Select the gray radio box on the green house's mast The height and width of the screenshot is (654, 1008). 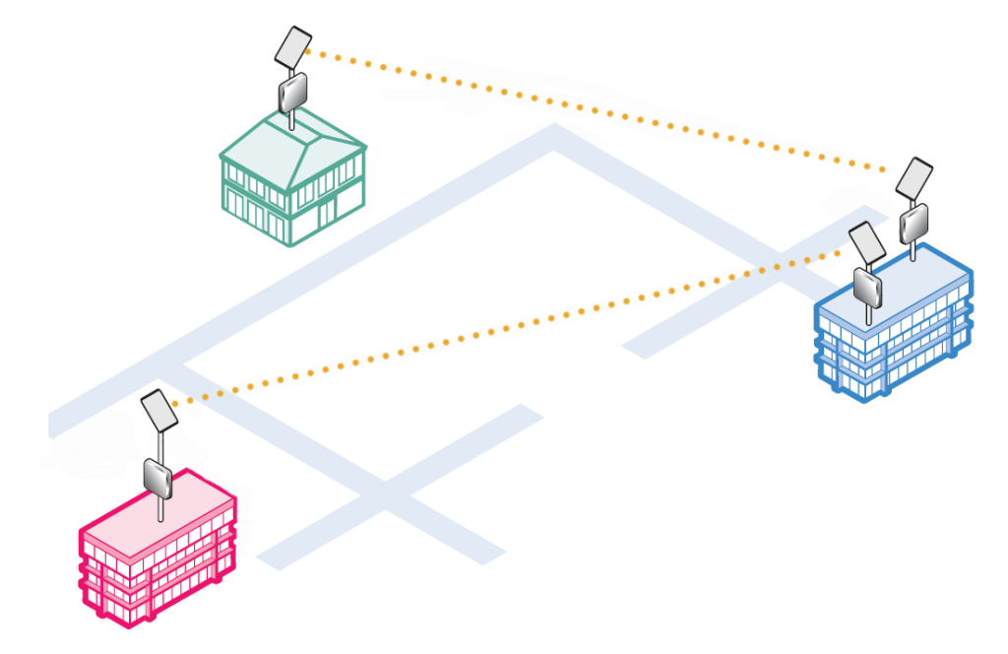click(x=293, y=94)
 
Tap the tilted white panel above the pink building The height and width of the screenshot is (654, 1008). click(x=158, y=410)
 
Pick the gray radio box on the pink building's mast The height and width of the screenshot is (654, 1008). click(x=158, y=479)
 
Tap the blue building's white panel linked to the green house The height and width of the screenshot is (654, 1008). click(x=914, y=178)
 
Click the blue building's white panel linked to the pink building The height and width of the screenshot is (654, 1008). click(x=867, y=242)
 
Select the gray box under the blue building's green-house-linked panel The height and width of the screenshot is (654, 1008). click(x=914, y=223)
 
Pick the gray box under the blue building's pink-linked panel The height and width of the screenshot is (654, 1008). click(x=868, y=287)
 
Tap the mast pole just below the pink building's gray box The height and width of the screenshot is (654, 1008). click(x=159, y=508)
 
